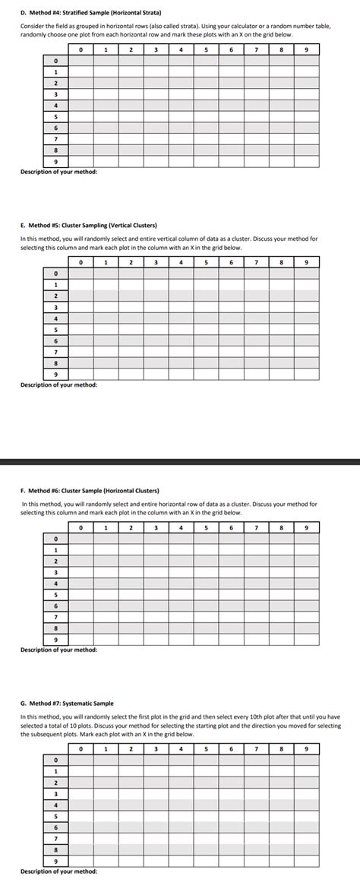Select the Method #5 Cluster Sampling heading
89,226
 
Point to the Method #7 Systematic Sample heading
67,704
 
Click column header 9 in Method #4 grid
306,49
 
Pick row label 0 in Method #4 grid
55,61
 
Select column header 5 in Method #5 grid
206,262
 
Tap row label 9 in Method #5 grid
55,375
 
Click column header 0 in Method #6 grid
81,527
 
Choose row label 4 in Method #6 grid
55,583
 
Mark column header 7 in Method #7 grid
256,748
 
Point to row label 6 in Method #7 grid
55,827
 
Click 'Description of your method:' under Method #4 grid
58,172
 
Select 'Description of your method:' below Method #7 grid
58,871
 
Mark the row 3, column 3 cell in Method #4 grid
156,94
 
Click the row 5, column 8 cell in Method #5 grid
281,330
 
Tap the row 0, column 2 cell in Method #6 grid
131,539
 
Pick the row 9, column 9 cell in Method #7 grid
306,861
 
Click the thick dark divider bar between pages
180,461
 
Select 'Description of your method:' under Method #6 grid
58,650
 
